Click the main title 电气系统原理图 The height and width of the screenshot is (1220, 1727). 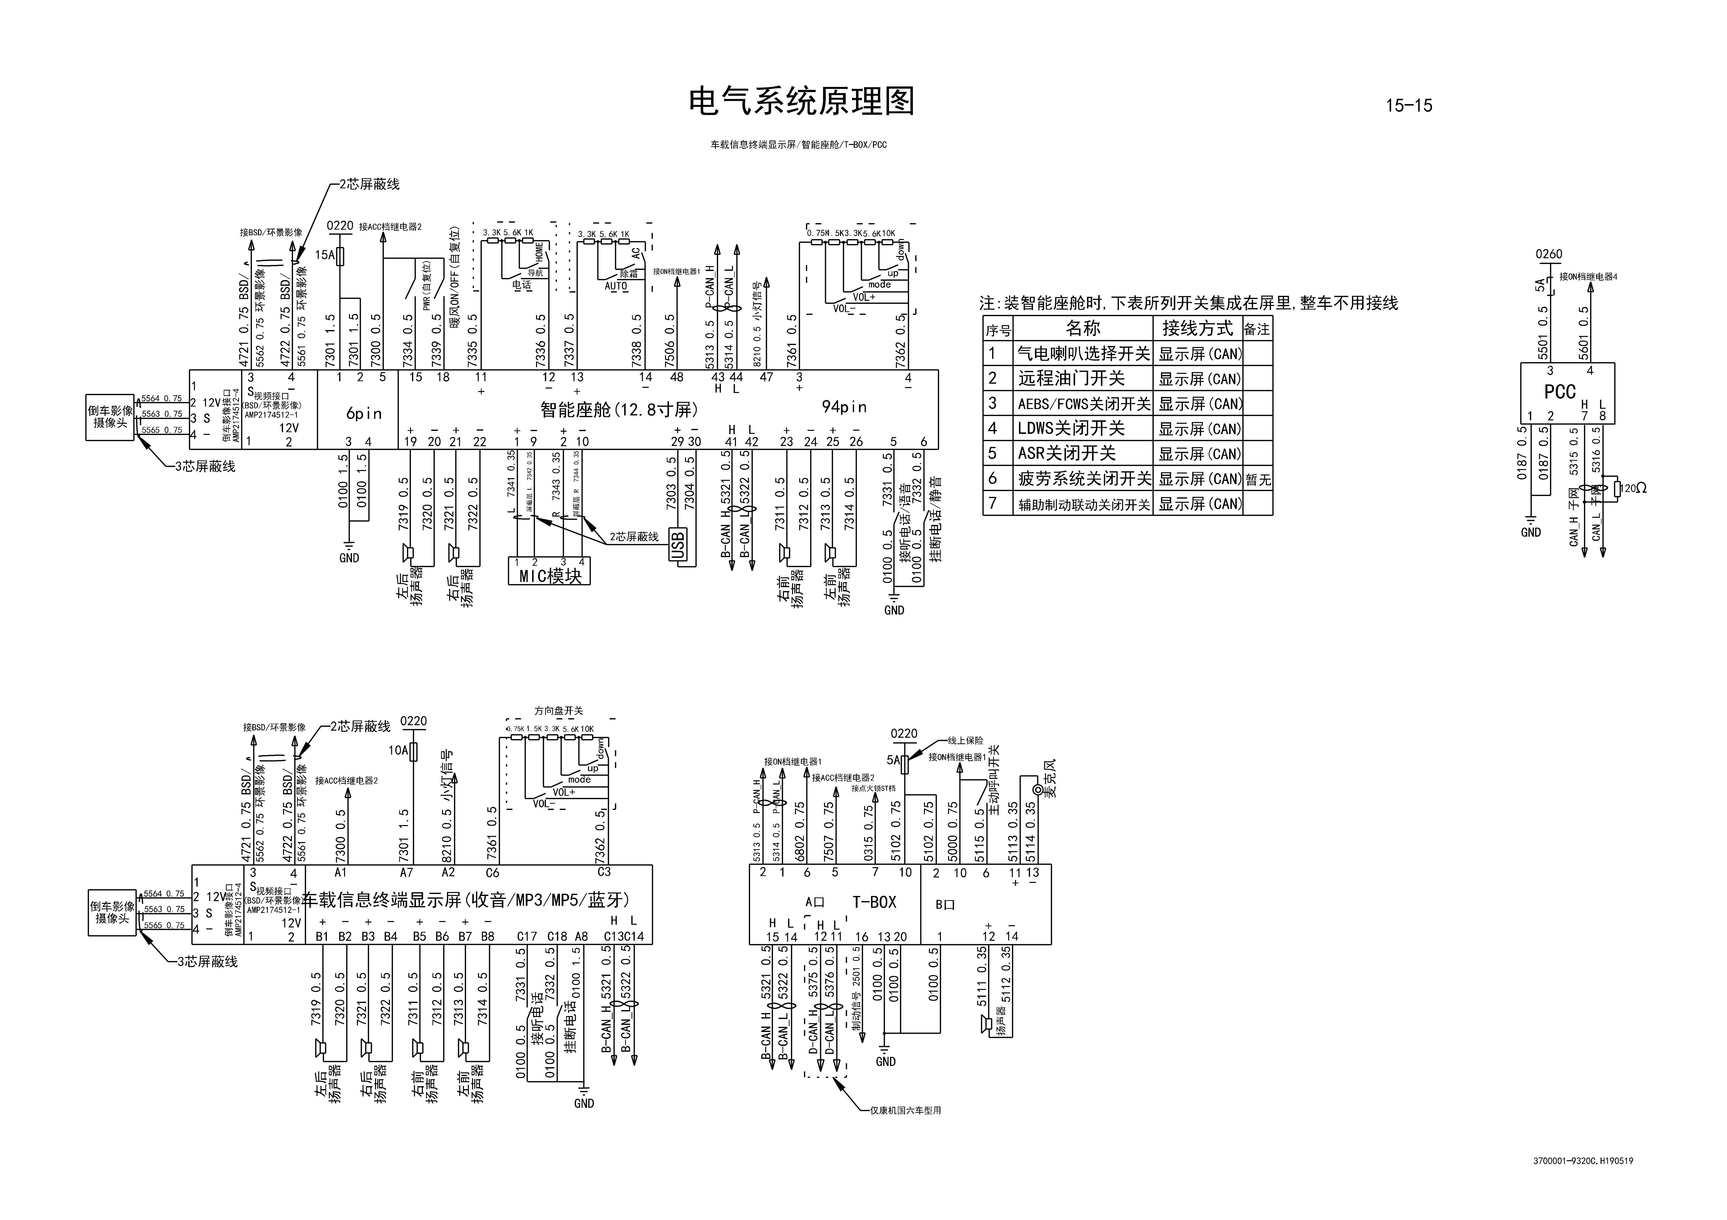802,102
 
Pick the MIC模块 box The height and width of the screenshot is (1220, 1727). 550,576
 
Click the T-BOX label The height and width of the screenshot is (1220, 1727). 874,902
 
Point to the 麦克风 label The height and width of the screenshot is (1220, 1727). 1051,778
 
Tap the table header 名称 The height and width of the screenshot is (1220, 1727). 1083,328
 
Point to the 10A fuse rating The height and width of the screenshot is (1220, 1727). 398,750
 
